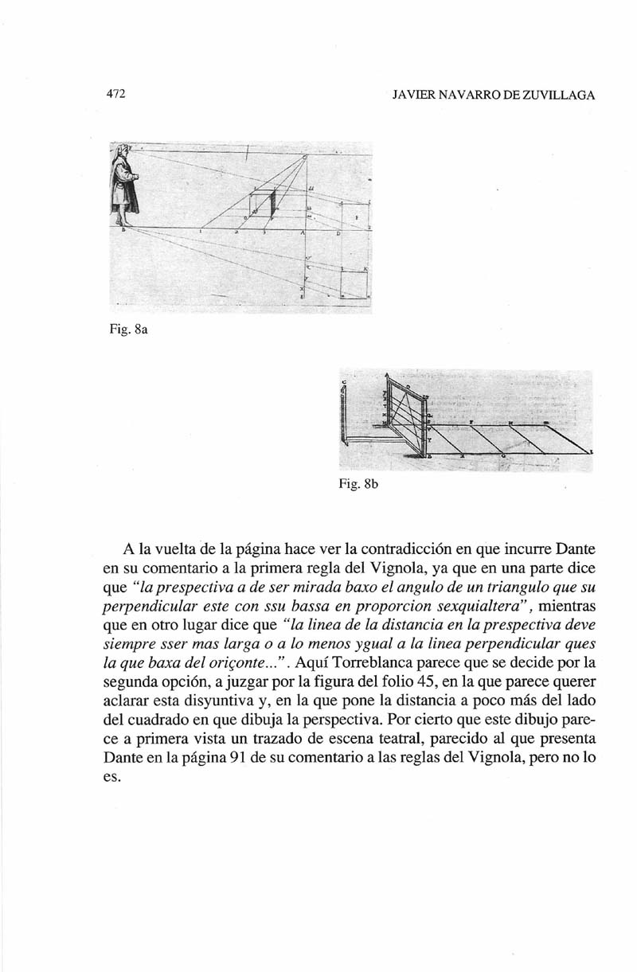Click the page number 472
click(117, 94)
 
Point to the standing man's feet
click(122, 222)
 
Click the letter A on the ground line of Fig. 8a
click(303, 234)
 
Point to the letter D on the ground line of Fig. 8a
click(338, 234)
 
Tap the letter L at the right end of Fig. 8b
click(592, 451)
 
